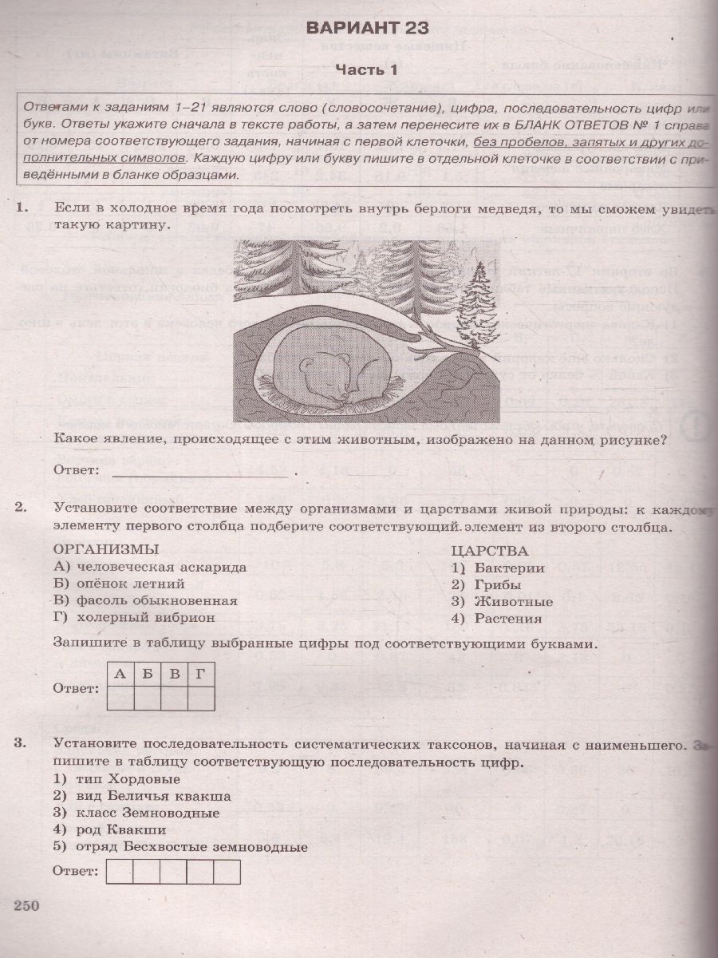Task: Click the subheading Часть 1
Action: coord(366,70)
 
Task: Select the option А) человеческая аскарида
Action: coord(150,567)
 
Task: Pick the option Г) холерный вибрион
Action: coord(135,617)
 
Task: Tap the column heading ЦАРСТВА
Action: coord(489,550)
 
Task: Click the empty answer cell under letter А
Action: coord(120,699)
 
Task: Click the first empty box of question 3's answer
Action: coord(120,872)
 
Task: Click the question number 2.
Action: coord(22,506)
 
